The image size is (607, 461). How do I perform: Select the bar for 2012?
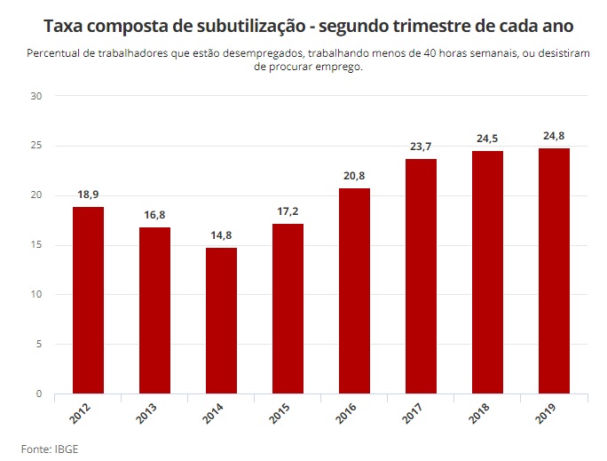coord(88,300)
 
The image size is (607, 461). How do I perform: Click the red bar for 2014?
coord(221,321)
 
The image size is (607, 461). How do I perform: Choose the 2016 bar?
coord(354,290)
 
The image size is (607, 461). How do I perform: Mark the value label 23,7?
coord(421,146)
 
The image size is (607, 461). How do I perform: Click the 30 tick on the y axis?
coord(36,96)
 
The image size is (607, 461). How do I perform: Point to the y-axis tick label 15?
coord(36,245)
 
